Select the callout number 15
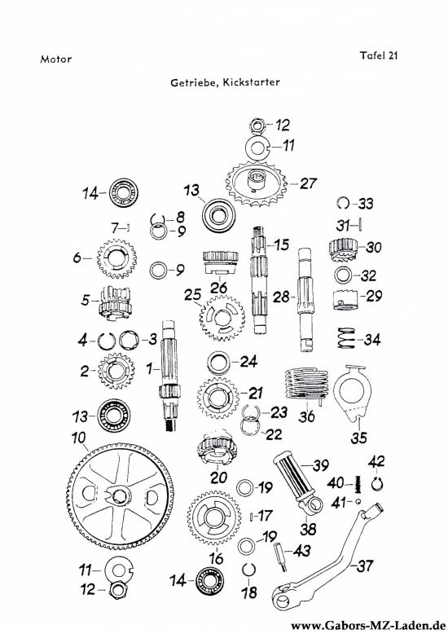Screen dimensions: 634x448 pos(281,244)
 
